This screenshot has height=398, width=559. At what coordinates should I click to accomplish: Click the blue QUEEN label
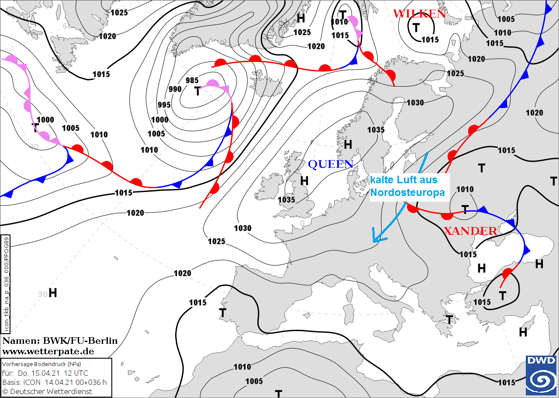pos(331,164)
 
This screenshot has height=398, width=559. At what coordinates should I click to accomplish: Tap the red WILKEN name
pos(420,14)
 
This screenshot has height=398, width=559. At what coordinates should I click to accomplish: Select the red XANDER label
pos(470,231)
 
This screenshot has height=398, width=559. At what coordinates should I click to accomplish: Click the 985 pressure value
pos(192,80)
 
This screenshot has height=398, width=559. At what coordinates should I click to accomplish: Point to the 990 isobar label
pos(175,89)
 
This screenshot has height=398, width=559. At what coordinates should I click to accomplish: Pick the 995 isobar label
pos(164,105)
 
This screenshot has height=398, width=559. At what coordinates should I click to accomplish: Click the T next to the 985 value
pos(197,91)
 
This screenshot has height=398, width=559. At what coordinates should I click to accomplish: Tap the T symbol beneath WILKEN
pos(416,28)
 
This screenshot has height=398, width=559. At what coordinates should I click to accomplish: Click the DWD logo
pos(540,375)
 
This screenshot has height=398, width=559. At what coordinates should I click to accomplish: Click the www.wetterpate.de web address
pos(48,351)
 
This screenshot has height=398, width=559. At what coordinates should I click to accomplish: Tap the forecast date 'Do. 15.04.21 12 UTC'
pos(51,373)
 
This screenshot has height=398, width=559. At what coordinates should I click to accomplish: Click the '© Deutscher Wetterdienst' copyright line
pos(48,391)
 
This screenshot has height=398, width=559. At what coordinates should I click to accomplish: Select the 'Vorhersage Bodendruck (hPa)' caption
pos(42,364)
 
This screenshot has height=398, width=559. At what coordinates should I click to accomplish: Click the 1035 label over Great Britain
pos(286,199)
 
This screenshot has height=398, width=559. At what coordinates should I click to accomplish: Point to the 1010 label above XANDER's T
pos(465,189)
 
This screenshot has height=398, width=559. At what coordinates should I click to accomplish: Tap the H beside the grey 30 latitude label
pos(53,293)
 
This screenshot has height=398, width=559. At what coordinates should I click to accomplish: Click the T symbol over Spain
pos(223,313)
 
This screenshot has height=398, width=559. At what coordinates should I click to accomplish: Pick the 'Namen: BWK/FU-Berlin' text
pos(60,341)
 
